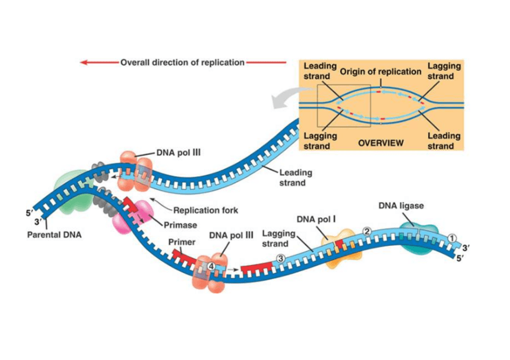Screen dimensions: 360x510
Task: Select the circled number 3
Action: [x=280, y=258]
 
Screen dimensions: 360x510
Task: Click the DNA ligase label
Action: [x=401, y=206]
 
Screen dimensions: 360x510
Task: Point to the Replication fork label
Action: [x=206, y=210]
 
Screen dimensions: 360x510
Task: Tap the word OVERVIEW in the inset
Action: [x=381, y=143]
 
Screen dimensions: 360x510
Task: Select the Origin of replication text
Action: [x=381, y=72]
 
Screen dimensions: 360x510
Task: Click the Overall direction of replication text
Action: [x=183, y=62]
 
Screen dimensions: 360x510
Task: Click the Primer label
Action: [x=180, y=242]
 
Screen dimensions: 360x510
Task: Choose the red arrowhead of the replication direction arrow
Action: [x=85, y=62]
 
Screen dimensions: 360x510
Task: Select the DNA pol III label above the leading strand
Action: [x=178, y=153]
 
